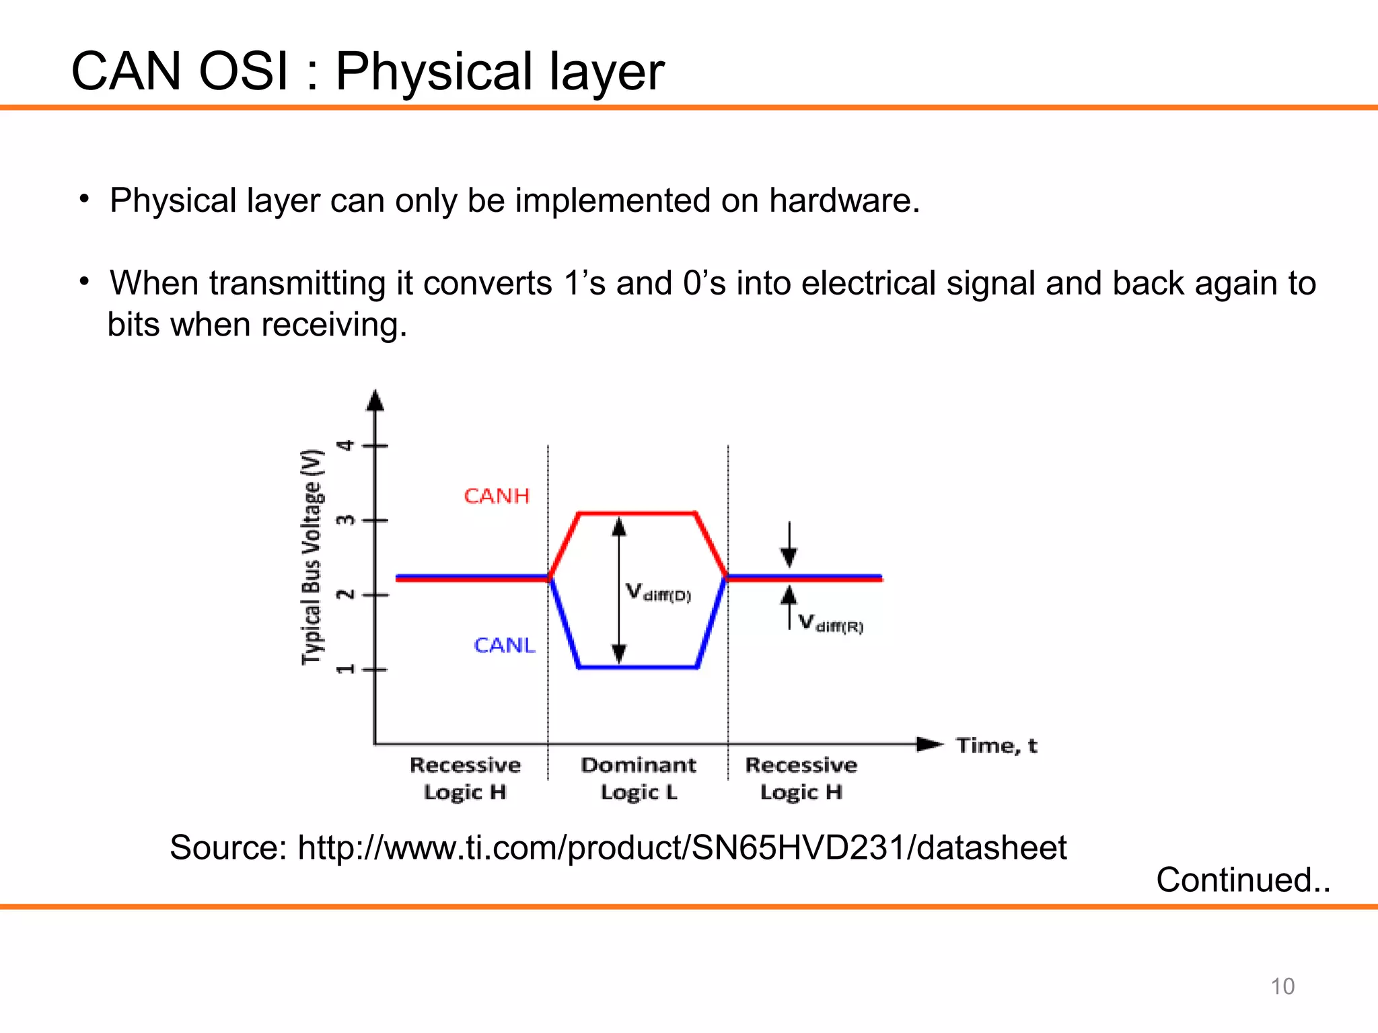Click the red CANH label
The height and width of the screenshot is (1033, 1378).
497,496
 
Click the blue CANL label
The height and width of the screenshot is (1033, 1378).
504,646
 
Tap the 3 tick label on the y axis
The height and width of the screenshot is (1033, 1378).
346,521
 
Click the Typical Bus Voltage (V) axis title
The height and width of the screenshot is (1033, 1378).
312,557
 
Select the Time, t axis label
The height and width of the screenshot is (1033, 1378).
996,746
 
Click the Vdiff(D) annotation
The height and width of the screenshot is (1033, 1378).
658,593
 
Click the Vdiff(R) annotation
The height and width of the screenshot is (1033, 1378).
830,623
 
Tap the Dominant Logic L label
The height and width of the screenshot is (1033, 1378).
639,779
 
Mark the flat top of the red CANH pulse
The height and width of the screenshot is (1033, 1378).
637,514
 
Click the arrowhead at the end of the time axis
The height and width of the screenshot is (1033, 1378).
931,744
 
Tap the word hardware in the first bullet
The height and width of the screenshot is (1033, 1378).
843,201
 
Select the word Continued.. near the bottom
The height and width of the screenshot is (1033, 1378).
1243,880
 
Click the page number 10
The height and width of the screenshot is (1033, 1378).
1282,987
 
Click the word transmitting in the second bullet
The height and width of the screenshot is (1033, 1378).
297,283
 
